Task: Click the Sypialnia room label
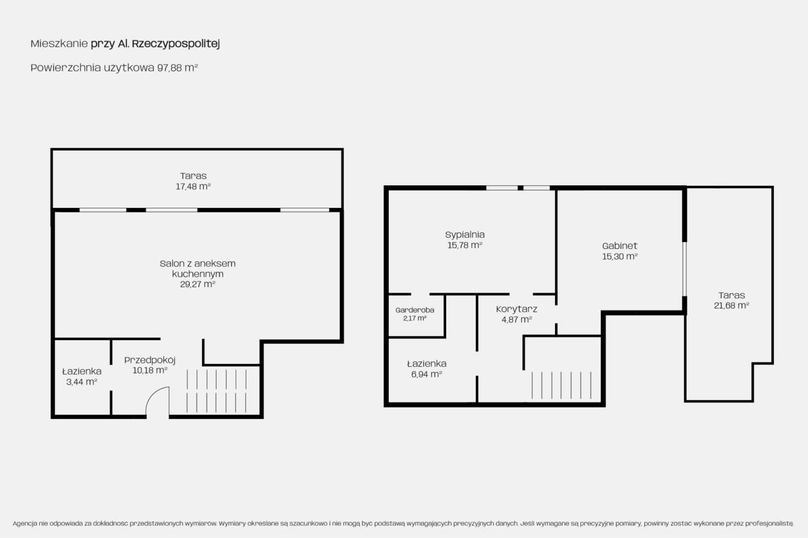pos(465,235)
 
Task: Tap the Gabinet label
pos(619,246)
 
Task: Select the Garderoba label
pos(415,310)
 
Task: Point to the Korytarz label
pos(517,309)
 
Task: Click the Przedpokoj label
pos(150,360)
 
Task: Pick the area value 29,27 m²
pos(198,284)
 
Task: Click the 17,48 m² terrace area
pos(193,186)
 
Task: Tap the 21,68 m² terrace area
pos(732,306)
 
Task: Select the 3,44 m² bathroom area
pos(82,382)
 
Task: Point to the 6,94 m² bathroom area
pos(426,375)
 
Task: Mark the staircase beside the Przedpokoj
pos(217,391)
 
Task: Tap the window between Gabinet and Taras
pos(685,269)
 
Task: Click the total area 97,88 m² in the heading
pos(177,67)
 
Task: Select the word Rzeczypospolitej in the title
pos(176,44)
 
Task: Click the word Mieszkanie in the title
pos(59,44)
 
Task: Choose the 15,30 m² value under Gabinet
pos(619,256)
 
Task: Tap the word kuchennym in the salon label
pos(198,274)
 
